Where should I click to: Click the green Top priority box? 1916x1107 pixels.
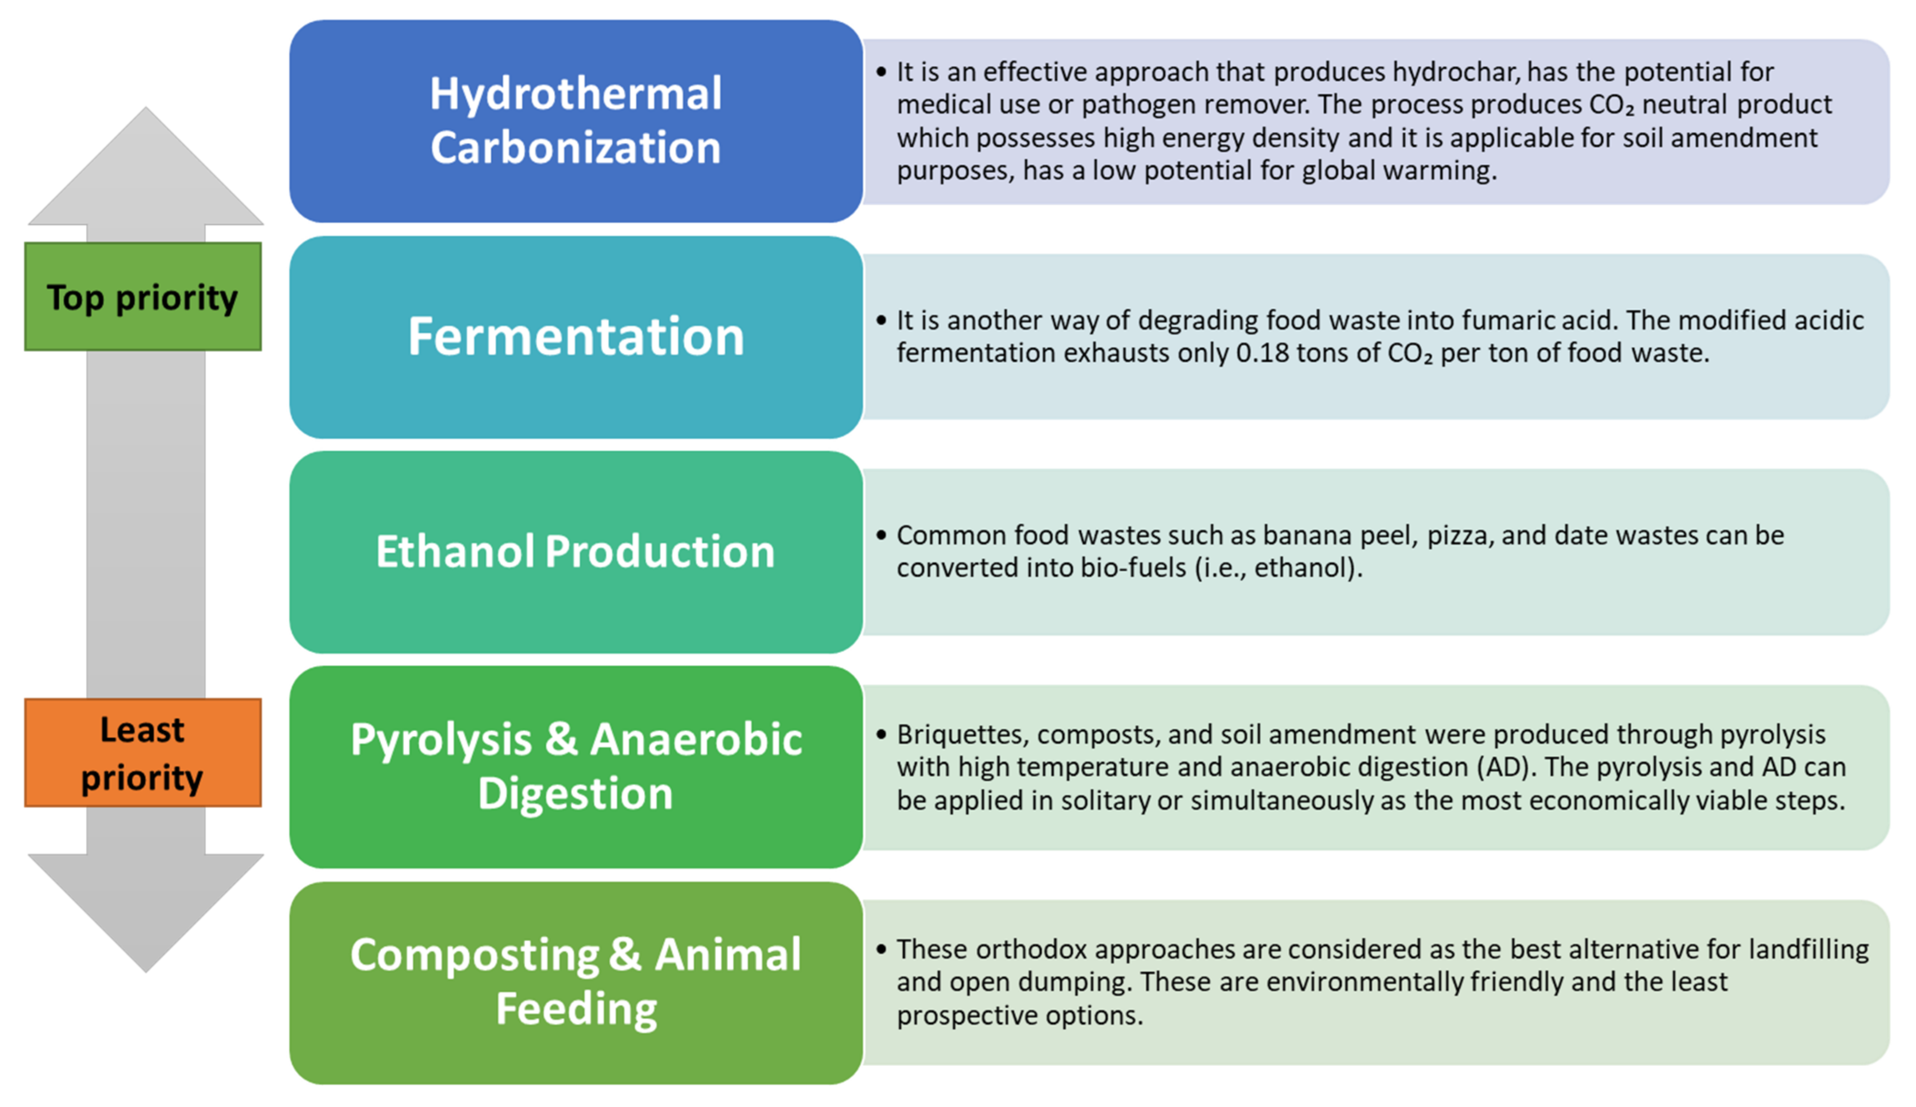(143, 296)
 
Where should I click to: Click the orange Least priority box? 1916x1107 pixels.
(143, 753)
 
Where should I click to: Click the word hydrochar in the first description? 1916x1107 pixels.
(1456, 72)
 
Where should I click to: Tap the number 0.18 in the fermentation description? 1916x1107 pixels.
(1262, 353)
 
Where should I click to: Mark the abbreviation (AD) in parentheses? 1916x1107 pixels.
(1505, 768)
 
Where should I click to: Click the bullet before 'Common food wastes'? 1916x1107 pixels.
(881, 535)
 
